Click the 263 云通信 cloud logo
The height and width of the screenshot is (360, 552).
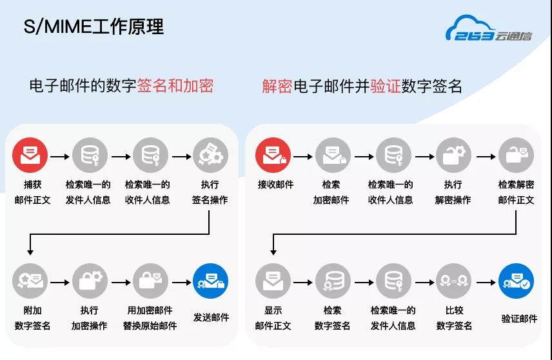[489, 28]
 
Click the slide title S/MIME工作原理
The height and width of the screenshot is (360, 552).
[94, 26]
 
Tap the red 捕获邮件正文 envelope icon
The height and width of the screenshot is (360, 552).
[30, 155]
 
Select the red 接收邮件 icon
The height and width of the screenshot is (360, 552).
[273, 155]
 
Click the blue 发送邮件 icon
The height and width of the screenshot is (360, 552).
[210, 281]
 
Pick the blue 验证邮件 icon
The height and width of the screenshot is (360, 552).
[516, 281]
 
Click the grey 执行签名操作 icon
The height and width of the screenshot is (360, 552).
[210, 155]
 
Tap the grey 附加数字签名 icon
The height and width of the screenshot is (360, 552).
[30, 281]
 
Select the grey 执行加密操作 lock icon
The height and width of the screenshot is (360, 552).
[90, 281]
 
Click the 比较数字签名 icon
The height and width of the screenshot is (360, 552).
[453, 281]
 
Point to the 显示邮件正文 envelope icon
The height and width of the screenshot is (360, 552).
[273, 281]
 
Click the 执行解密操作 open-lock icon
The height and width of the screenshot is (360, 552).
[453, 155]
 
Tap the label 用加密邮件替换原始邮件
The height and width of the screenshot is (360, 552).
[150, 317]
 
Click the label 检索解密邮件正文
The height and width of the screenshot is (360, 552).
[516, 192]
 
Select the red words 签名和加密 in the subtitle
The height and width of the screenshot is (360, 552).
[175, 86]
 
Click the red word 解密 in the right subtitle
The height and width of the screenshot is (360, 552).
[277, 86]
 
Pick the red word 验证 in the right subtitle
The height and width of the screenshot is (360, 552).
[386, 86]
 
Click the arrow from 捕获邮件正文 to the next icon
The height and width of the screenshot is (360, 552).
[60, 156]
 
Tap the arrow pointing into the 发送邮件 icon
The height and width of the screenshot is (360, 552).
[182, 283]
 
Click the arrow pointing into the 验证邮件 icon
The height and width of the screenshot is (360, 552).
[486, 283]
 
